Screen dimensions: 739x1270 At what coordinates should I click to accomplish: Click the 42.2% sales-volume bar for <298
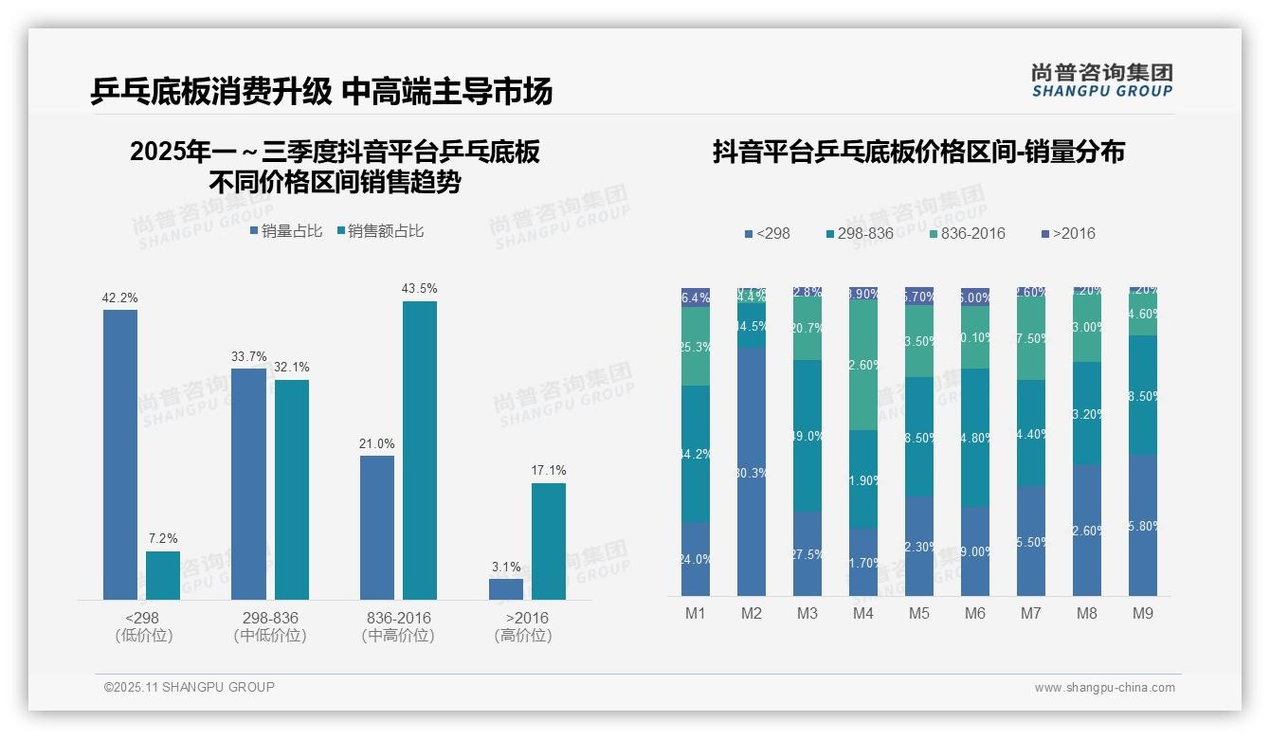point(120,455)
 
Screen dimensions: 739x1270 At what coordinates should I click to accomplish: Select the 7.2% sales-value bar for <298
point(163,575)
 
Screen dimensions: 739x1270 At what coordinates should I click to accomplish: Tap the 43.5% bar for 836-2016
point(420,450)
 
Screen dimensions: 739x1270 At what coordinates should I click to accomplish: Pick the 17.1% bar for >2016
point(549,541)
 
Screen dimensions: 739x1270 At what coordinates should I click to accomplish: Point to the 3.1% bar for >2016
point(506,588)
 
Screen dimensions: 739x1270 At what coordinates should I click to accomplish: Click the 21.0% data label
point(377,443)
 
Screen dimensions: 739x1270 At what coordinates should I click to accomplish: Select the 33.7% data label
point(249,356)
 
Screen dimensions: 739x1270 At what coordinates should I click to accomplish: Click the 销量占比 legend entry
point(286,231)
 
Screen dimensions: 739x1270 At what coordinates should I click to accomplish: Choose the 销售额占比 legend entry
point(380,231)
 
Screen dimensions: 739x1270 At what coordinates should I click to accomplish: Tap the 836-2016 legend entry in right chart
point(966,233)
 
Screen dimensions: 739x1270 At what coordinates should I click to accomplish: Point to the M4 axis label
point(863,613)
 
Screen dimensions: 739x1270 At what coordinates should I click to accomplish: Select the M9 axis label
point(1143,613)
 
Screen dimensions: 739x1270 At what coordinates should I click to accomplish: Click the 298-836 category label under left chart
point(270,618)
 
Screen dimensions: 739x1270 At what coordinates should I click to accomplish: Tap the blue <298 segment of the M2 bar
point(752,471)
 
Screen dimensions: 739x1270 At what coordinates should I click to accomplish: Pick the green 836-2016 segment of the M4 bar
point(863,365)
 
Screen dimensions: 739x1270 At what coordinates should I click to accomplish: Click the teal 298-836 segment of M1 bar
point(696,454)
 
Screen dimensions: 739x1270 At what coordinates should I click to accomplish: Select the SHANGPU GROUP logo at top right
point(1102,81)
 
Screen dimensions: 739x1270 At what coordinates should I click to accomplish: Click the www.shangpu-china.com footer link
point(1104,688)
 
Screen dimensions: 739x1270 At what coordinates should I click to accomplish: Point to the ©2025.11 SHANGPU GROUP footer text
point(190,687)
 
